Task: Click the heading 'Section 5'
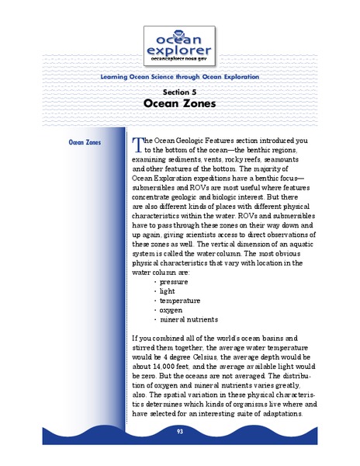pos(179,92)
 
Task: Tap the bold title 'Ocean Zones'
pos(179,103)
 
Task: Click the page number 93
pos(179,430)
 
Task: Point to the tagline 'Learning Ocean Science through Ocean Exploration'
pos(180,77)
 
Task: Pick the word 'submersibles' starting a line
pos(157,187)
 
